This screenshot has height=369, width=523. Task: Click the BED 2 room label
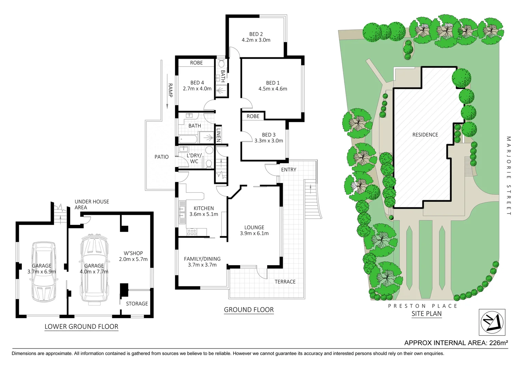click(x=256, y=34)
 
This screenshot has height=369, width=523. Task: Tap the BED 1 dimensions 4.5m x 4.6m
click(x=273, y=89)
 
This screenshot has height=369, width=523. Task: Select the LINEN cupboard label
click(x=219, y=135)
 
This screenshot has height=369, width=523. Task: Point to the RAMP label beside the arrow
click(x=170, y=90)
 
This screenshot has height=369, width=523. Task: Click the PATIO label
click(x=161, y=157)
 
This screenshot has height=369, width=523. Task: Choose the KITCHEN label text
click(x=204, y=208)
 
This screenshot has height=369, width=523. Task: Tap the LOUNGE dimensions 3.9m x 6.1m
click(x=254, y=234)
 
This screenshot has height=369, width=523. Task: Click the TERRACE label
click(x=285, y=282)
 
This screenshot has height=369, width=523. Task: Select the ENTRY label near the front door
click(x=289, y=170)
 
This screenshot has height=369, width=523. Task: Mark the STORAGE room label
click(x=137, y=304)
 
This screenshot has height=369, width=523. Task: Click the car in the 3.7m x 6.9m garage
click(x=43, y=272)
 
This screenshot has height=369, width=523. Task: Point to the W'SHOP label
click(x=133, y=254)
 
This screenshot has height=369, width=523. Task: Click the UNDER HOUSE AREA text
click(x=92, y=204)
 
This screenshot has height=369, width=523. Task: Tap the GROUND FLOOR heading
click(x=249, y=310)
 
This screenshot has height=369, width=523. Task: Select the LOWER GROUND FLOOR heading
click(x=81, y=327)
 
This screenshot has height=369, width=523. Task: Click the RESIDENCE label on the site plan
click(x=425, y=135)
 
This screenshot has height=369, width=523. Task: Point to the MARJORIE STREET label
click(x=508, y=176)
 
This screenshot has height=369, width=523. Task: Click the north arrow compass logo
click(x=492, y=322)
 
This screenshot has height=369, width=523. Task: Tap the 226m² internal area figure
click(x=497, y=343)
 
